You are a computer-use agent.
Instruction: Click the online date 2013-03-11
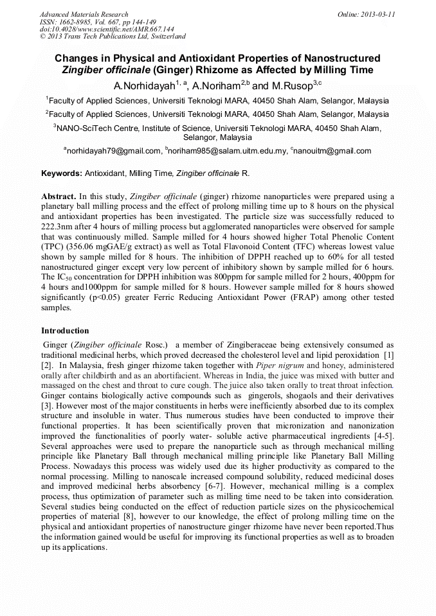click(x=376, y=13)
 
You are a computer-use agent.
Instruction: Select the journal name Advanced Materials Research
click(x=84, y=13)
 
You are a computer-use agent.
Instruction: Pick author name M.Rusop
click(x=291, y=85)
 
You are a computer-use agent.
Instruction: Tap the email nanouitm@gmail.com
click(x=332, y=151)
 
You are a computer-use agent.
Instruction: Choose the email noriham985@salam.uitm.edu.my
click(x=227, y=151)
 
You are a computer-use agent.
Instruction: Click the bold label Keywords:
click(x=62, y=173)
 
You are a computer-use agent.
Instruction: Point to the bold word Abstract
click(x=59, y=196)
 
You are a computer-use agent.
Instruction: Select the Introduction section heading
click(x=65, y=331)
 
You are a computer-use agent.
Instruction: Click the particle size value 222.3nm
click(x=57, y=227)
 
